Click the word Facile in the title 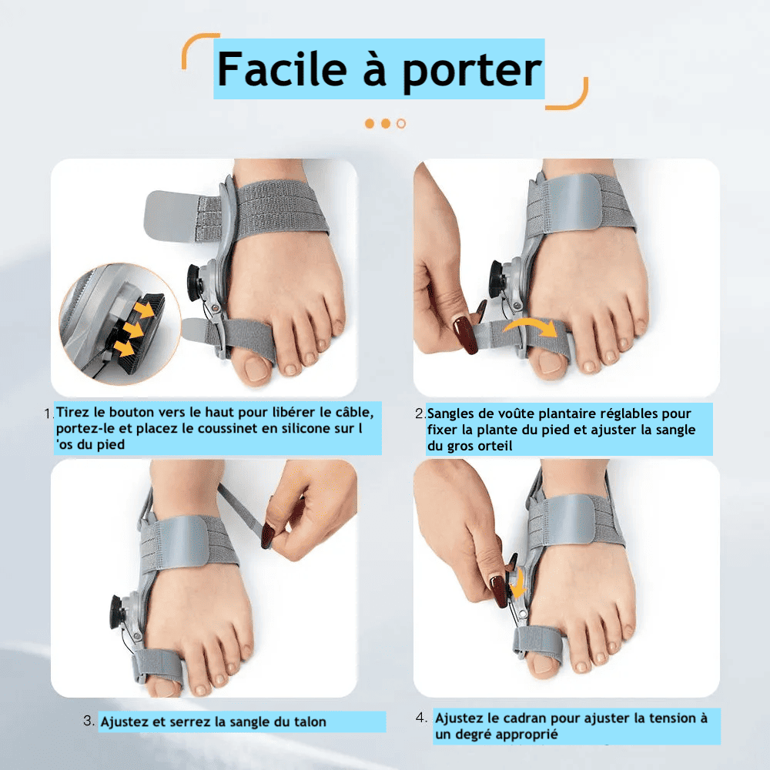283,69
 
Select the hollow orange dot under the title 401,124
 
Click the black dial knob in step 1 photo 194,282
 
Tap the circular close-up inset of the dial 120,323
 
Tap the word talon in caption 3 310,722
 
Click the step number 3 89,721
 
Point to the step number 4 421,718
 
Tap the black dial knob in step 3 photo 118,613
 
